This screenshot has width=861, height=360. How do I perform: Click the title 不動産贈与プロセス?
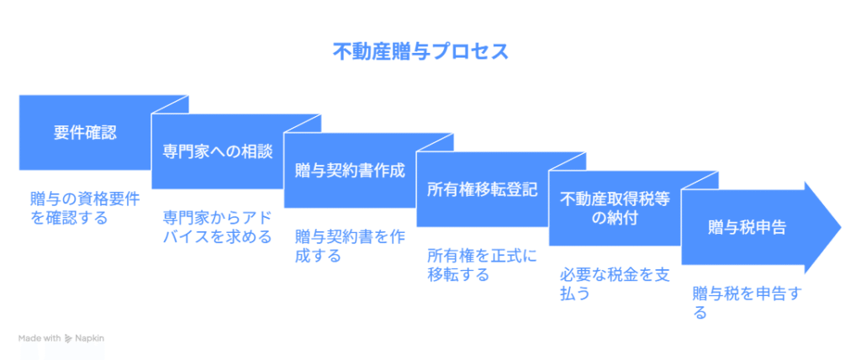coord(420,51)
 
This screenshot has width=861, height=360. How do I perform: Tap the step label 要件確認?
coord(85,132)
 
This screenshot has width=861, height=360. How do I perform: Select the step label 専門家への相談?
coord(218,151)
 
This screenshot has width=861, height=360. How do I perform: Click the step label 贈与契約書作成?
coord(350,171)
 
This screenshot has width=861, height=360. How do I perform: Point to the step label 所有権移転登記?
coord(483,189)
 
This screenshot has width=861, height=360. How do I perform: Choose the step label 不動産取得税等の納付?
coord(615,209)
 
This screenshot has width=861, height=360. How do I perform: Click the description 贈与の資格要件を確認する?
coord(85,209)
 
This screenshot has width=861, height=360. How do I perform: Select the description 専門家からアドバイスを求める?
coord(218,227)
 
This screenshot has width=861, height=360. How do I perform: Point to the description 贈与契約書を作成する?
coord(350,246)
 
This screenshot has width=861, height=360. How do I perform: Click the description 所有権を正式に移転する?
coord(483,265)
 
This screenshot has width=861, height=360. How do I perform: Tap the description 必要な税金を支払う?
coord(615,283)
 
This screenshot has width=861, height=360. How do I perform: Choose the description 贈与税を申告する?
coord(747,303)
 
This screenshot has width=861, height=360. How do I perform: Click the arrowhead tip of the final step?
coord(841,228)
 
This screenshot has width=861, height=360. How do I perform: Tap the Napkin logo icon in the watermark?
coord(69,339)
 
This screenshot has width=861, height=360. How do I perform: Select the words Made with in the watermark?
coord(40,339)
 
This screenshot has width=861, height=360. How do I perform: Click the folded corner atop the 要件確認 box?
coord(170,104)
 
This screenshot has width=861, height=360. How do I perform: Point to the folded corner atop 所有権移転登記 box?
coord(568,161)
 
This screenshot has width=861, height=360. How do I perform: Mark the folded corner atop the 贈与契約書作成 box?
coord(435,142)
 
